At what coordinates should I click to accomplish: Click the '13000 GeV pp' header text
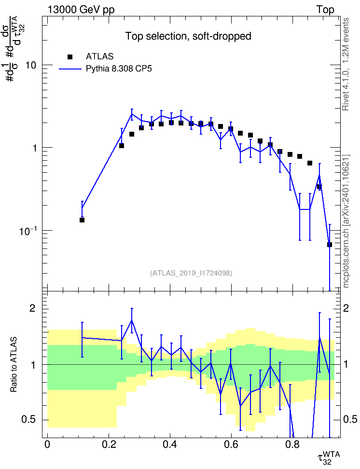coord(81,10)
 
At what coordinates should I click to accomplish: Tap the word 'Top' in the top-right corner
coord(325,10)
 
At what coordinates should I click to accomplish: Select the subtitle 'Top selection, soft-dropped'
coord(188,36)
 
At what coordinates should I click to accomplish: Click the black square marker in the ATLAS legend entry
coord(69,57)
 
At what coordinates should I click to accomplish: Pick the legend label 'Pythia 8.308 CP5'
coord(119,69)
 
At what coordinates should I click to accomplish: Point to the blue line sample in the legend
coord(70,69)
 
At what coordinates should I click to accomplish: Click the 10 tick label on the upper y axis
coord(31,65)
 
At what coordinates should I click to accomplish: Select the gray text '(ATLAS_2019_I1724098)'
coord(191,273)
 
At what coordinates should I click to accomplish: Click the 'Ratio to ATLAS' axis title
coord(14,365)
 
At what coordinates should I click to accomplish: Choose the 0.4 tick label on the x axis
coord(170,444)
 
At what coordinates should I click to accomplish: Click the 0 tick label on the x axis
coord(47,444)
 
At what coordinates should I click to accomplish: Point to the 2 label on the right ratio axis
coord(346,308)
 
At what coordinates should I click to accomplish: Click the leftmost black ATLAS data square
coord(82,220)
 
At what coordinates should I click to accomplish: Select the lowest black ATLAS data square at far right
coord(330,245)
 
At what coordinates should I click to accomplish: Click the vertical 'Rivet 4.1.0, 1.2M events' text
coord(346,64)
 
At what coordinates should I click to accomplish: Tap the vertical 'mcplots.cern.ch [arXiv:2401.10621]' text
coord(346,221)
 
